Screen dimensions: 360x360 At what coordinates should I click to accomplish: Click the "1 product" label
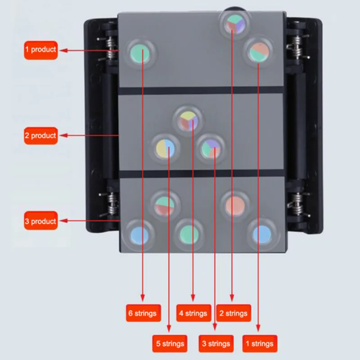pyautogui.click(x=40, y=50)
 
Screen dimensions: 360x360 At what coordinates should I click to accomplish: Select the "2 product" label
pyautogui.click(x=40, y=135)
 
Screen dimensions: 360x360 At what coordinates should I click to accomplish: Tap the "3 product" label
pyautogui.click(x=40, y=221)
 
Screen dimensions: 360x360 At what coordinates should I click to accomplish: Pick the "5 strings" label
pyautogui.click(x=170, y=344)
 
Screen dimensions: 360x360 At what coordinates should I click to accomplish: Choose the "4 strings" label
pyautogui.click(x=193, y=313)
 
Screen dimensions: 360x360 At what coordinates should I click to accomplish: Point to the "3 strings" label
pyautogui.click(x=216, y=344)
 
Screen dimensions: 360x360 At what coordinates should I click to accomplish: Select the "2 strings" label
pyautogui.click(x=233, y=313)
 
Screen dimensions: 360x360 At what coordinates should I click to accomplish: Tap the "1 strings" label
pyautogui.click(x=260, y=344)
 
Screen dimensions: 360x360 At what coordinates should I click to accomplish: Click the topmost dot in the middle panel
pyautogui.click(x=187, y=119)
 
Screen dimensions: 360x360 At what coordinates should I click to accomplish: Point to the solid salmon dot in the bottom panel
pyautogui.click(x=235, y=205)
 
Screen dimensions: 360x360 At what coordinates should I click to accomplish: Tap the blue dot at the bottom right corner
pyautogui.click(x=261, y=234)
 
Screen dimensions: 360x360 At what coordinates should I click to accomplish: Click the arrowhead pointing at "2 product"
pyautogui.click(x=63, y=135)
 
